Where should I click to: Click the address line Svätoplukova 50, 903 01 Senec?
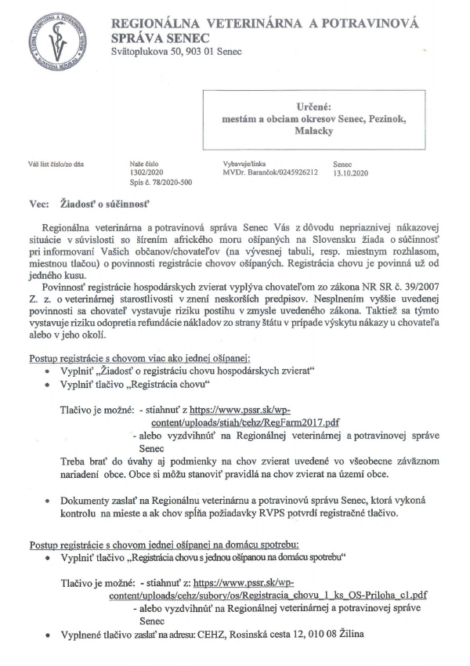coord(177,52)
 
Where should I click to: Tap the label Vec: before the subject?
coord(39,202)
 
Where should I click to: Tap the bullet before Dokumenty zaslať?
coord(50,501)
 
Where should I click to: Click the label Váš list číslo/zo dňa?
coord(56,165)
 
